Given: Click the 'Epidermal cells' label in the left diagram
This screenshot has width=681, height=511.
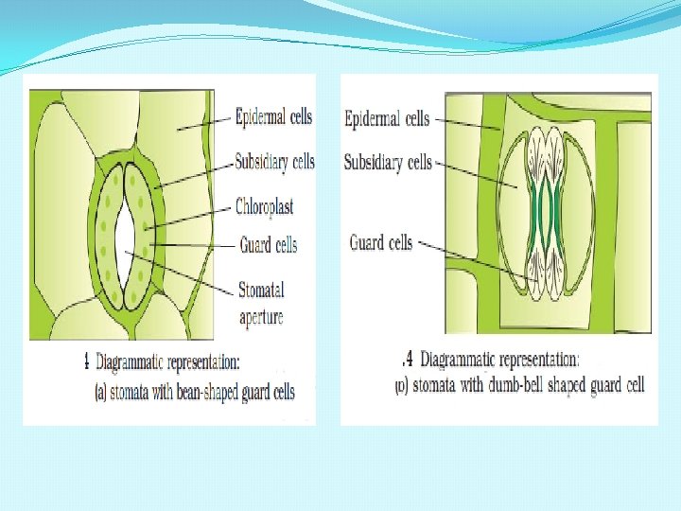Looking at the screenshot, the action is coord(273,117).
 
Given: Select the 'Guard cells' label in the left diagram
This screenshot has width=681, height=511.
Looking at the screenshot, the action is coord(268,245).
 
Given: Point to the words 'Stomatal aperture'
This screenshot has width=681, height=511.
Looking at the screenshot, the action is coord(261,303).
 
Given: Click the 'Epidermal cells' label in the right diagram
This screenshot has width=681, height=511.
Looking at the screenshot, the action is coord(387,118).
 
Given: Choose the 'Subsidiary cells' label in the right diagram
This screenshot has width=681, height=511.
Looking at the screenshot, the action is coord(388,162).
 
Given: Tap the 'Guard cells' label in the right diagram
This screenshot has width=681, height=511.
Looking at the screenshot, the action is coord(381,243).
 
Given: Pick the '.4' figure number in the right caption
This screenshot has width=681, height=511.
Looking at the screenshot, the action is coord(408,360).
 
